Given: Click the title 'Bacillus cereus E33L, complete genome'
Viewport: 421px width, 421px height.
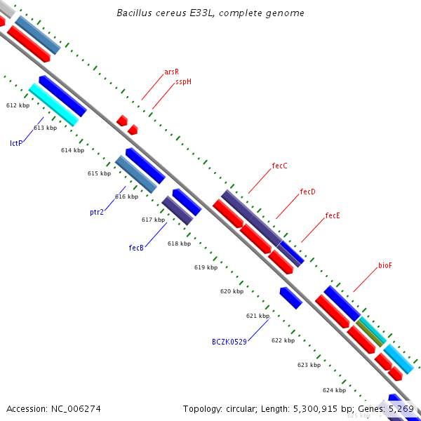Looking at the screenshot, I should [210, 13].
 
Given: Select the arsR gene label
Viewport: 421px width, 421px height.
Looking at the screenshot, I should [171, 72].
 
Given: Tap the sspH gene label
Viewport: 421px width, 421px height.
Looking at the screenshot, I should [183, 81].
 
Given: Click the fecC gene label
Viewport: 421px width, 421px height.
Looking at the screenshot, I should [279, 166].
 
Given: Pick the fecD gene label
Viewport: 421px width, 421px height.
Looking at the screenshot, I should [307, 192].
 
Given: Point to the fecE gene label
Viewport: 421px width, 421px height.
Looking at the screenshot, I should [333, 216].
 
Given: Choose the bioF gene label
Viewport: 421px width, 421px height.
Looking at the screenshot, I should [385, 265].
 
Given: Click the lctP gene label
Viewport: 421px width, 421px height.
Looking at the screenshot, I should [16, 143].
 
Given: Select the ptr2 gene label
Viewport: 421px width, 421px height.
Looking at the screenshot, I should [97, 211].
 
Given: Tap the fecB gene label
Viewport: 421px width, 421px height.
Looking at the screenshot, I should [136, 248].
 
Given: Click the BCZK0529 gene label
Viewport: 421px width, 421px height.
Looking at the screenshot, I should [229, 342].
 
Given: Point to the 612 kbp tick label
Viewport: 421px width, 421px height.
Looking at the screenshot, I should [18, 105].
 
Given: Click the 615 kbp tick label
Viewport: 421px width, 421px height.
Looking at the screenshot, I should [99, 173].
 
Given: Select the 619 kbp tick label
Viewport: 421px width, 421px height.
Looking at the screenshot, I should [206, 267].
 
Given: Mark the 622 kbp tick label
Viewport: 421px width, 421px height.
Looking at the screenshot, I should [283, 340].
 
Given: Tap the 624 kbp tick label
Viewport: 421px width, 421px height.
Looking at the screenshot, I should [334, 390].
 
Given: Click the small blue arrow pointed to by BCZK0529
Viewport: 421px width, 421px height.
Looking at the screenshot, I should [290, 298].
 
